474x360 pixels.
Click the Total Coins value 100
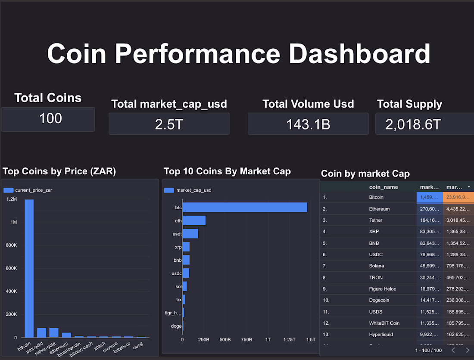click(50, 118)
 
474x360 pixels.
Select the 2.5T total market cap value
click(168, 124)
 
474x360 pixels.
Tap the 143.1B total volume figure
click(308, 124)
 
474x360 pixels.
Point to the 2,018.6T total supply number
click(413, 124)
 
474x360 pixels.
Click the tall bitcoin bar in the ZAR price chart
click(29, 267)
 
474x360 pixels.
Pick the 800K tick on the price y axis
click(11, 245)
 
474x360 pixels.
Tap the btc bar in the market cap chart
click(245, 207)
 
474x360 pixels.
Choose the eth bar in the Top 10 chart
click(194, 220)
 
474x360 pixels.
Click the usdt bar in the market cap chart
click(190, 234)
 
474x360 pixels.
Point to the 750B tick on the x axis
click(246, 339)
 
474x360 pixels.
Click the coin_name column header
click(384, 187)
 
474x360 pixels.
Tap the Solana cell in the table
click(377, 266)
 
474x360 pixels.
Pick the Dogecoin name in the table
click(380, 300)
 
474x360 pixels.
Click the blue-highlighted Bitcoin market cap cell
click(429, 197)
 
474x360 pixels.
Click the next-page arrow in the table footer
click(467, 351)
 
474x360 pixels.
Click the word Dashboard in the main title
click(359, 54)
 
